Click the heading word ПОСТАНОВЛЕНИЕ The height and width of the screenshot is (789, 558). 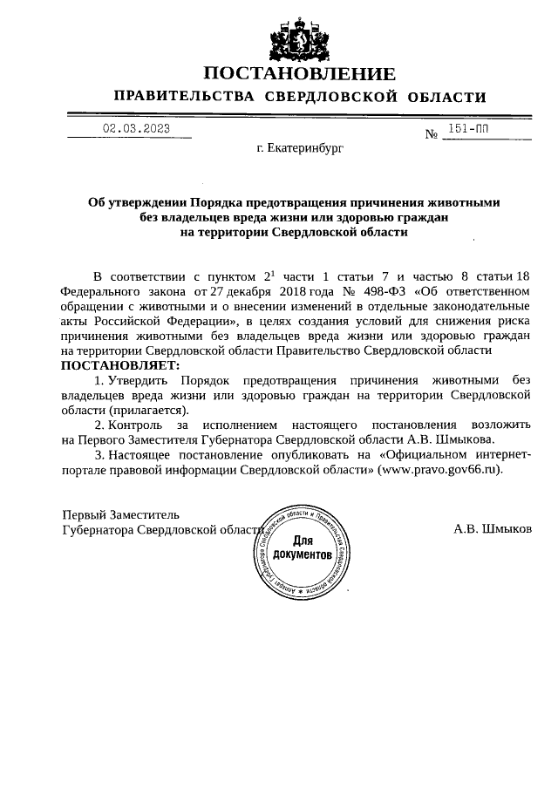(299, 73)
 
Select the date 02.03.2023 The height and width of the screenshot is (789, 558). (135, 129)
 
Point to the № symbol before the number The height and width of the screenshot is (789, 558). (431, 135)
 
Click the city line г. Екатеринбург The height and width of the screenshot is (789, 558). (300, 149)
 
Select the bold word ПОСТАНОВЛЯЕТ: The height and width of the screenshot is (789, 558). (120, 364)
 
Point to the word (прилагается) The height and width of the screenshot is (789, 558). (147, 409)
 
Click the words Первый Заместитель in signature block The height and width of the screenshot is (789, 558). (120, 514)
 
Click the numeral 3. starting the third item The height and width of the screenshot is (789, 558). (99, 454)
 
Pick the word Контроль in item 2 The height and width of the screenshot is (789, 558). (140, 425)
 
